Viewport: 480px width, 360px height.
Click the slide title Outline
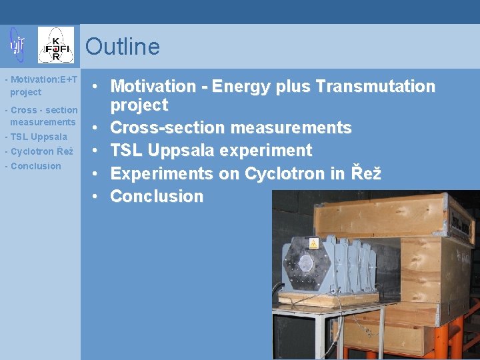123,47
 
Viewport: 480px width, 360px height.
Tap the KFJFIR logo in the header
56,45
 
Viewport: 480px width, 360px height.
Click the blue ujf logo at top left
17,45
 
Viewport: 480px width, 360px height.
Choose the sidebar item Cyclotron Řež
39,151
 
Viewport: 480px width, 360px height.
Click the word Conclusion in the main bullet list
157,197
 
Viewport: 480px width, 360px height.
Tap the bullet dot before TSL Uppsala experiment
97,151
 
